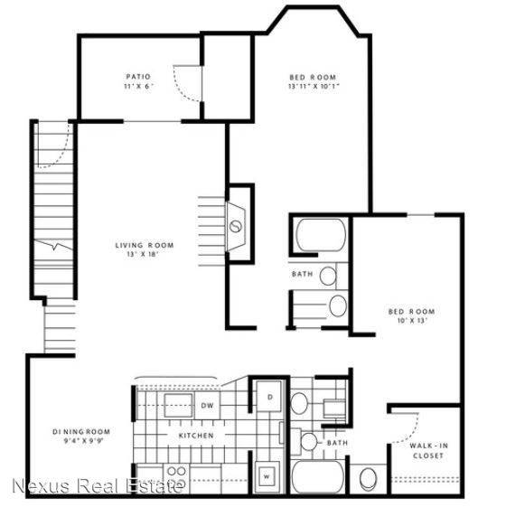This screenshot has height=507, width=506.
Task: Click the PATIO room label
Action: (138, 77)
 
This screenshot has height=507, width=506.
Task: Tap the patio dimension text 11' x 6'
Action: (138, 88)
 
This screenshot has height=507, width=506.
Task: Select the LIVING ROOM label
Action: (144, 245)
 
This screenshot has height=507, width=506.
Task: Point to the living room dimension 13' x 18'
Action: (144, 256)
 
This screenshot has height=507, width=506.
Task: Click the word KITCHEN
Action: (195, 437)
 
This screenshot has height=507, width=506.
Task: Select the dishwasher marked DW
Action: (207, 404)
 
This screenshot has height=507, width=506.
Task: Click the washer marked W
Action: (268, 472)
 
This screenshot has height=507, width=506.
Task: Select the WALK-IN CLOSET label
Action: (427, 450)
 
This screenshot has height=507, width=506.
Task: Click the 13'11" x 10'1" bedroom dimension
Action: (313, 88)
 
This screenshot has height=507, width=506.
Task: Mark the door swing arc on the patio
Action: (186, 86)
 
